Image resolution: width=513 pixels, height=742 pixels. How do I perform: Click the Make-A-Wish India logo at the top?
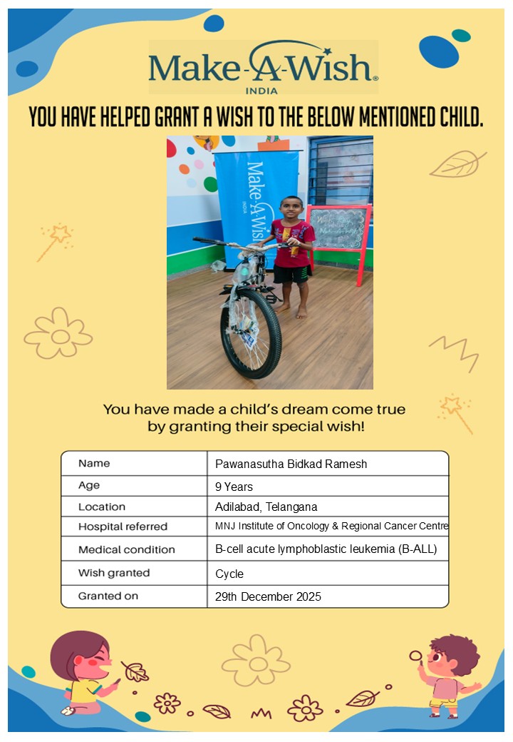(263, 68)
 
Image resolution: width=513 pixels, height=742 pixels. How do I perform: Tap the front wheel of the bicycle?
(251, 334)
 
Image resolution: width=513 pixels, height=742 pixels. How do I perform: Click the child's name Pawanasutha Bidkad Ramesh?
(291, 464)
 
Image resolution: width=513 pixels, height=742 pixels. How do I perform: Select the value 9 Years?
(234, 487)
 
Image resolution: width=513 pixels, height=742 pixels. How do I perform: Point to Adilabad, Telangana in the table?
(266, 507)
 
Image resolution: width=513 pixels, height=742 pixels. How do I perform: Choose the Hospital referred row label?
(123, 527)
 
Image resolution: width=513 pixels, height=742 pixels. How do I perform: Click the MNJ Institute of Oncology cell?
(331, 527)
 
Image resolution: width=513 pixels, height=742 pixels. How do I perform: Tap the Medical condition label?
(126, 549)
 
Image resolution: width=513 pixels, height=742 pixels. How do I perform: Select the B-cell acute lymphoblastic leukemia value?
(326, 549)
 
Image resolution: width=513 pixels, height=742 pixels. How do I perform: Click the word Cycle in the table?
(229, 574)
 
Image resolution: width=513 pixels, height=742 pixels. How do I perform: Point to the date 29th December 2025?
(268, 596)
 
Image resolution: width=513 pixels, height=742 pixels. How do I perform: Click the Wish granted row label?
(114, 573)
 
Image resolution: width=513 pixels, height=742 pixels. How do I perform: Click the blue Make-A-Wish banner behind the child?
(253, 193)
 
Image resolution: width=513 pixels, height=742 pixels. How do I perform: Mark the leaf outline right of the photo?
(457, 164)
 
